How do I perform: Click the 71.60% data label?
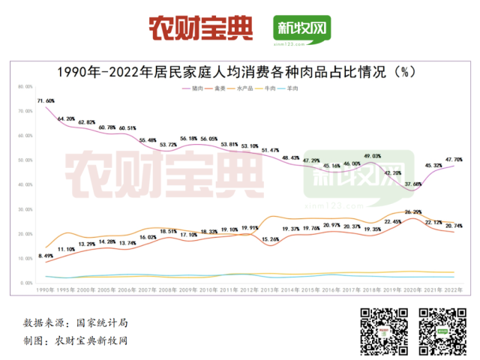pos(45,100)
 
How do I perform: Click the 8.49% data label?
pos(45,256)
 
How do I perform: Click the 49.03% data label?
pos(373,155)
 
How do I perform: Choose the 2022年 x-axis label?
pos(454,289)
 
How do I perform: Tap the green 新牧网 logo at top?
pos(301,30)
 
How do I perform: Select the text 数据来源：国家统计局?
pos(75,323)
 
